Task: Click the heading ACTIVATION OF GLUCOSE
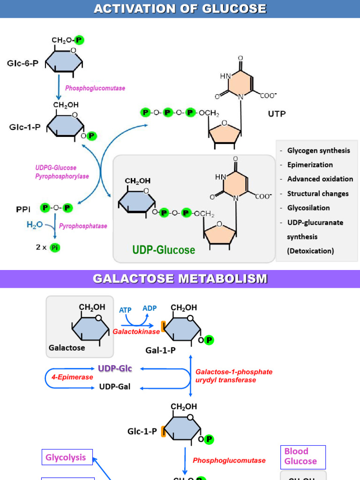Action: click(180, 9)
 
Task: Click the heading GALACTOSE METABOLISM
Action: click(180, 279)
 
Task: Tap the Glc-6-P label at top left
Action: click(22, 63)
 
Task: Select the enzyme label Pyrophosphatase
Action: click(83, 226)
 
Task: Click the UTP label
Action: click(277, 113)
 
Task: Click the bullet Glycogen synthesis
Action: click(318, 150)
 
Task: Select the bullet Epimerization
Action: click(310, 165)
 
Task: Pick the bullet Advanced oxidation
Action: click(320, 179)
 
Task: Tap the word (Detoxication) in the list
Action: click(310, 251)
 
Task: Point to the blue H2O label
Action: click(35, 225)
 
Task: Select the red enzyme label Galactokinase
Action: click(136, 331)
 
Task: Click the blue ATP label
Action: click(125, 310)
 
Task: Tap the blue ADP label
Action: click(150, 308)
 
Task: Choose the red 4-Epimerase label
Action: click(72, 377)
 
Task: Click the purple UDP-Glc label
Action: click(115, 368)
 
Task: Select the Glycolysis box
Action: click(66, 457)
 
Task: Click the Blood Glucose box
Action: click(303, 456)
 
